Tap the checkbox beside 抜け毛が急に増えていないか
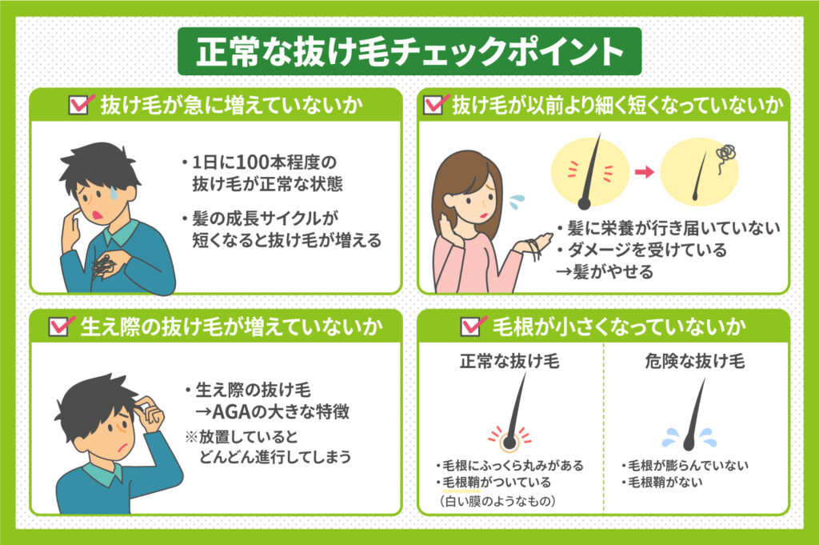[x=80, y=105]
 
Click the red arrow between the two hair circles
[x=641, y=171]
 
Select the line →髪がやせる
[x=605, y=272]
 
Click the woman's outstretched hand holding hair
[x=535, y=245]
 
